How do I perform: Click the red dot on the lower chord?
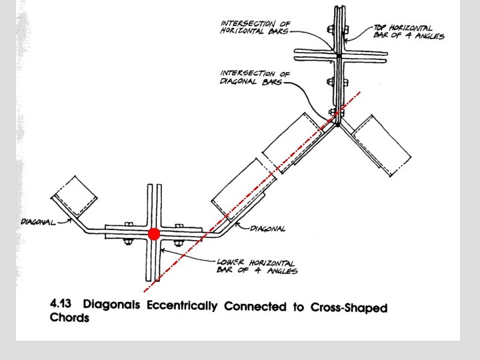point(154,234)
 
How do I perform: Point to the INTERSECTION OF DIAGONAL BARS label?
point(251,78)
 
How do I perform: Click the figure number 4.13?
point(63,304)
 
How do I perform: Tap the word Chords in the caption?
point(69,318)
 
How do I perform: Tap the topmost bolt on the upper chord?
point(329,29)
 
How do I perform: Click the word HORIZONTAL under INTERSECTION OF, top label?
point(246,32)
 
